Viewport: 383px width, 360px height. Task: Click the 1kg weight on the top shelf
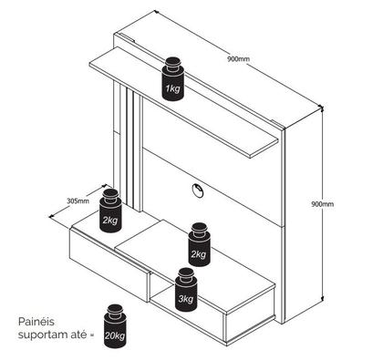pyautogui.click(x=173, y=78)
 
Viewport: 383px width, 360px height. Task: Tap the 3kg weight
pyautogui.click(x=186, y=290)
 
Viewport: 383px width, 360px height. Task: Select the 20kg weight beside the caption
pyautogui.click(x=115, y=326)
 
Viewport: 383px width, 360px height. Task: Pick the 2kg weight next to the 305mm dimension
pyautogui.click(x=110, y=211)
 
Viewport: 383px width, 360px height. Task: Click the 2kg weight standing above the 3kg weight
pyautogui.click(x=200, y=244)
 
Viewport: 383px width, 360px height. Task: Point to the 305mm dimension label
pyautogui.click(x=78, y=201)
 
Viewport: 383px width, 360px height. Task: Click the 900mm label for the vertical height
pyautogui.click(x=322, y=204)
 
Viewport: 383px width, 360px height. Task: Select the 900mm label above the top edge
pyautogui.click(x=238, y=58)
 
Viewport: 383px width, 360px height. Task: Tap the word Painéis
pyautogui.click(x=36, y=322)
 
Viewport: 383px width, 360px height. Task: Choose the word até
pyautogui.click(x=78, y=334)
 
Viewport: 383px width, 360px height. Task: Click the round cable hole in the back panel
pyautogui.click(x=198, y=190)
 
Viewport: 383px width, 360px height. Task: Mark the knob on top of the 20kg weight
pyautogui.click(x=115, y=311)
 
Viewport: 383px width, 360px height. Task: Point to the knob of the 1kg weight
pyautogui.click(x=173, y=63)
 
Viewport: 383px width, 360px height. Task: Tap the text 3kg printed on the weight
pyautogui.click(x=186, y=299)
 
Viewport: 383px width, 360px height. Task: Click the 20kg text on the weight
pyautogui.click(x=115, y=335)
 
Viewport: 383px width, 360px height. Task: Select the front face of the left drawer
pyautogui.click(x=109, y=263)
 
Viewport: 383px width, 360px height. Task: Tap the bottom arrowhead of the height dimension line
pyautogui.click(x=322, y=299)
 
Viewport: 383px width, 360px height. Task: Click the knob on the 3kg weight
pyautogui.click(x=187, y=274)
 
